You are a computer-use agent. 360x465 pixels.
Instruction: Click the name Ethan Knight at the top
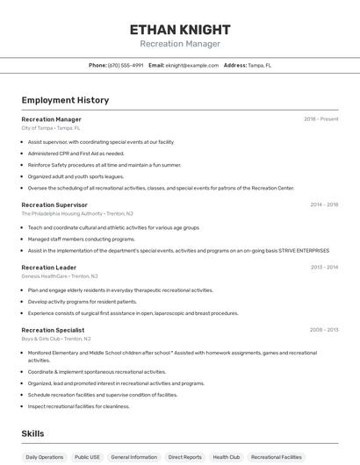pos(180,30)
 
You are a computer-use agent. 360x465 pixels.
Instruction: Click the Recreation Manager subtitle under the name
pos(180,44)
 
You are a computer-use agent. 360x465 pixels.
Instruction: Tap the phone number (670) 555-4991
pos(126,65)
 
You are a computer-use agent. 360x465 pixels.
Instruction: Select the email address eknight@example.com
pos(192,65)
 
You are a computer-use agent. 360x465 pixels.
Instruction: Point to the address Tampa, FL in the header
pos(259,65)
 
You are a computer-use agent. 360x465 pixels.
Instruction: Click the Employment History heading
pos(65,100)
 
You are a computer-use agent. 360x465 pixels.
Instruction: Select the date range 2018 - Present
pos(320,118)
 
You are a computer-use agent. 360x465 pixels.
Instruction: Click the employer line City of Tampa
pos(50,127)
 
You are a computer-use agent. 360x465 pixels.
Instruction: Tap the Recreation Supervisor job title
pos(54,204)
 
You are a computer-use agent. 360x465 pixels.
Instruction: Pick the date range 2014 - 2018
pos(324,204)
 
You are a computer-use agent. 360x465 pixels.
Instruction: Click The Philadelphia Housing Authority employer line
pos(77,213)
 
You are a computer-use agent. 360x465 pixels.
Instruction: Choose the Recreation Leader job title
pos(48,267)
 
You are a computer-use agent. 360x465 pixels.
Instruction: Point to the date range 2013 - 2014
pos(324,267)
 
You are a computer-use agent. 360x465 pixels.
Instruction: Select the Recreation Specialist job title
pos(53,330)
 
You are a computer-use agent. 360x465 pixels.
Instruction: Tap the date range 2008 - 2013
pos(323,330)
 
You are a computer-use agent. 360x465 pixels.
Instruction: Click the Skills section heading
pos(32,433)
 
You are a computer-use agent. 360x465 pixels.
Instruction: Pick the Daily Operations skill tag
pos(44,457)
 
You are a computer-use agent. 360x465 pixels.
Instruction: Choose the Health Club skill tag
pos(226,457)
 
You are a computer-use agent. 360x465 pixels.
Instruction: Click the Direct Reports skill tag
pos(184,457)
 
